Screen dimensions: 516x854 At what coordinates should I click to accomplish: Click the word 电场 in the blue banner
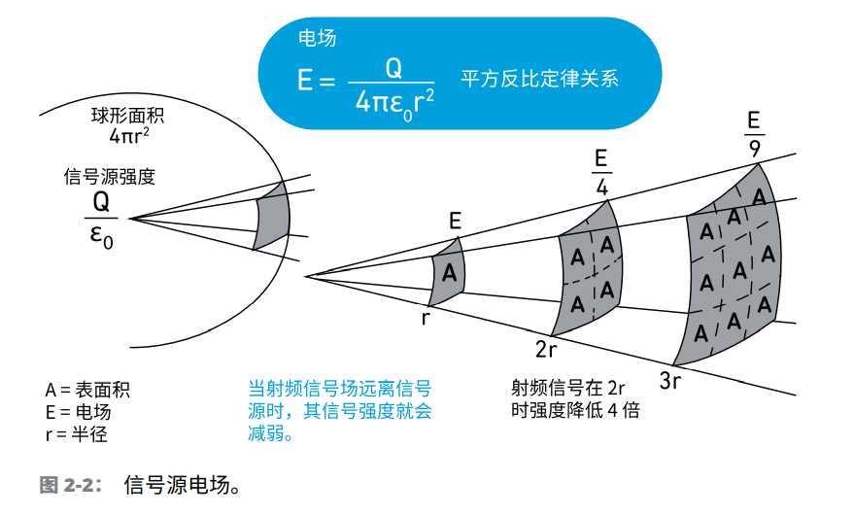[317, 38]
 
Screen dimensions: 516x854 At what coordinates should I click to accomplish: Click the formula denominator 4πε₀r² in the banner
[393, 100]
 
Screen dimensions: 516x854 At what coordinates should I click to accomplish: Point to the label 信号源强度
[109, 177]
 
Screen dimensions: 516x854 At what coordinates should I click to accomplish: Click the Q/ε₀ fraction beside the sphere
[101, 219]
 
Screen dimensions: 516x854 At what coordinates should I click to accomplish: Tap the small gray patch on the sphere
[272, 218]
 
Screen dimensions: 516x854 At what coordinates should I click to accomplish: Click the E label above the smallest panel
[455, 222]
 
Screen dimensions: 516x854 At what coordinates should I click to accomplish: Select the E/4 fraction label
[600, 170]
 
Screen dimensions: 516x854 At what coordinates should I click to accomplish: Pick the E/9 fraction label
[753, 134]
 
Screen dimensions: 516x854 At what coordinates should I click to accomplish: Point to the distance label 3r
[670, 380]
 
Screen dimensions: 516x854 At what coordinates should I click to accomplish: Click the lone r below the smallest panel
[426, 317]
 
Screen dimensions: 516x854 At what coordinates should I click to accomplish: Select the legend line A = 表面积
[87, 390]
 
